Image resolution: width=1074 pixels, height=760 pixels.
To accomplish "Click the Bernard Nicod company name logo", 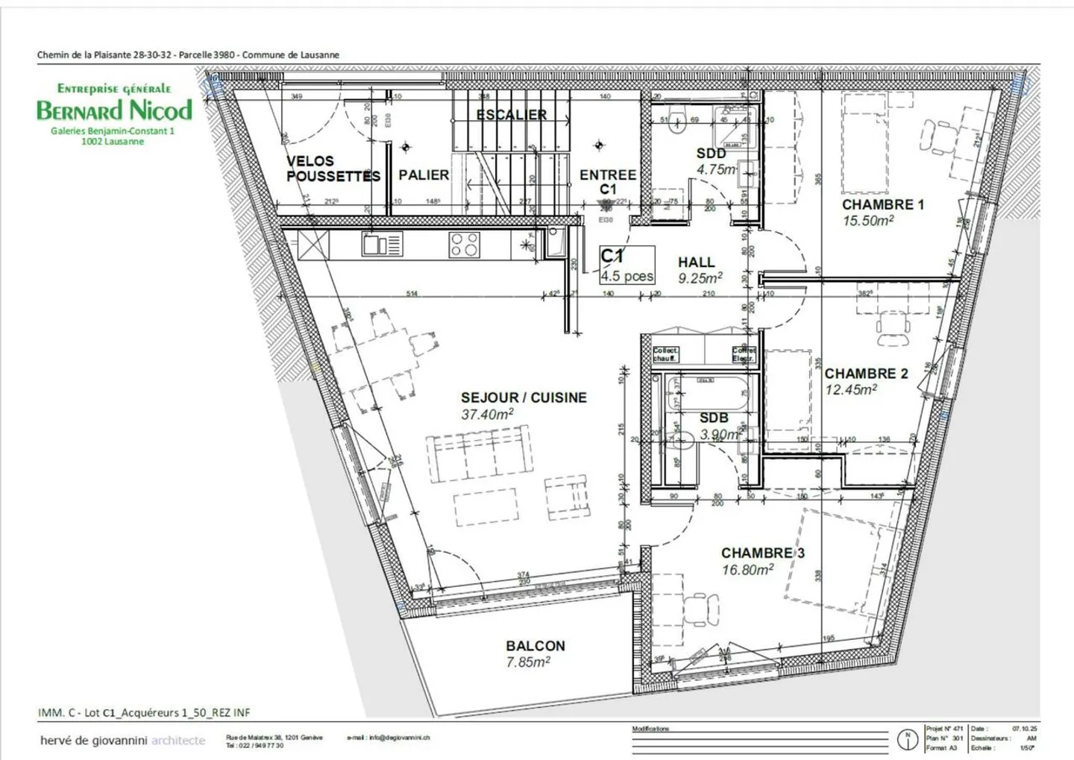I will click(114, 110).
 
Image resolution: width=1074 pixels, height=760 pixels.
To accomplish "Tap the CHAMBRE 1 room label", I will click(882, 204).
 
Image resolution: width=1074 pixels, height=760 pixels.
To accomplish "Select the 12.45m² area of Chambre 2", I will click(850, 389).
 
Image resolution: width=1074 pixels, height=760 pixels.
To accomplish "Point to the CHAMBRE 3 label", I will click(762, 553).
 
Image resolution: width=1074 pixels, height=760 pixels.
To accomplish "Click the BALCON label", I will click(535, 646).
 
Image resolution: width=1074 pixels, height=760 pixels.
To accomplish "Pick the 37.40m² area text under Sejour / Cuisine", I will click(487, 415).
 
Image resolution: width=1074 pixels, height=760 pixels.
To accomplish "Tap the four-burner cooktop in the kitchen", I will click(463, 245).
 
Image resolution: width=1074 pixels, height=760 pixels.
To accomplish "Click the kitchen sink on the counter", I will click(382, 245).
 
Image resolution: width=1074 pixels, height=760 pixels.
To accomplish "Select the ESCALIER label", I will click(512, 115).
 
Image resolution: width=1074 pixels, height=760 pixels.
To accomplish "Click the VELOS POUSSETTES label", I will click(333, 169).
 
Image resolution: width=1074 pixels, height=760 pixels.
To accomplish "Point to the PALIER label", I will click(424, 175).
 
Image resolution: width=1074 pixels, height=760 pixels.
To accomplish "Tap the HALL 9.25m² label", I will click(698, 270).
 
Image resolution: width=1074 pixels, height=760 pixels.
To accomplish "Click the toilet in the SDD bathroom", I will click(677, 122).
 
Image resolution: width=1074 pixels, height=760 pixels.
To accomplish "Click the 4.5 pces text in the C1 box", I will click(627, 276).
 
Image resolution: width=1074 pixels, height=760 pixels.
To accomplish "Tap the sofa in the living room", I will click(477, 454).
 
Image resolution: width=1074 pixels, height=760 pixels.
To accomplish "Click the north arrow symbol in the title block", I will click(907, 738).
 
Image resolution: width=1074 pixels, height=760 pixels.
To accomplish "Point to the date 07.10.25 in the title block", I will click(1024, 729).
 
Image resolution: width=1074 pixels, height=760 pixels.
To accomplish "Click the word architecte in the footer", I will click(178, 741).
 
